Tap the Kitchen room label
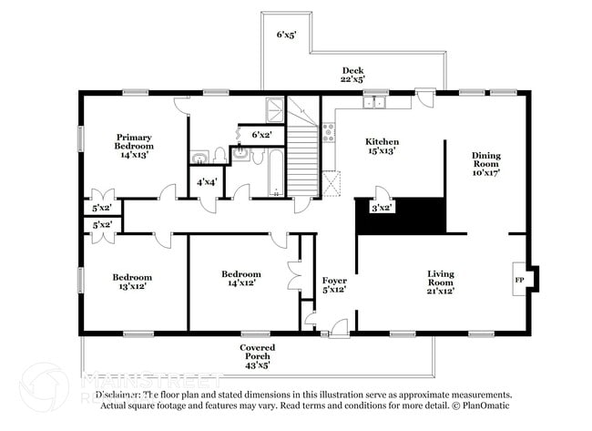click(383, 148)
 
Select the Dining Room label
click(485, 163)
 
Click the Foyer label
click(334, 285)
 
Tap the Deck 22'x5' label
click(353, 76)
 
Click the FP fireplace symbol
click(520, 280)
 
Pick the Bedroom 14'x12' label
click(241, 279)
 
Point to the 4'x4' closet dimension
click(207, 181)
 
